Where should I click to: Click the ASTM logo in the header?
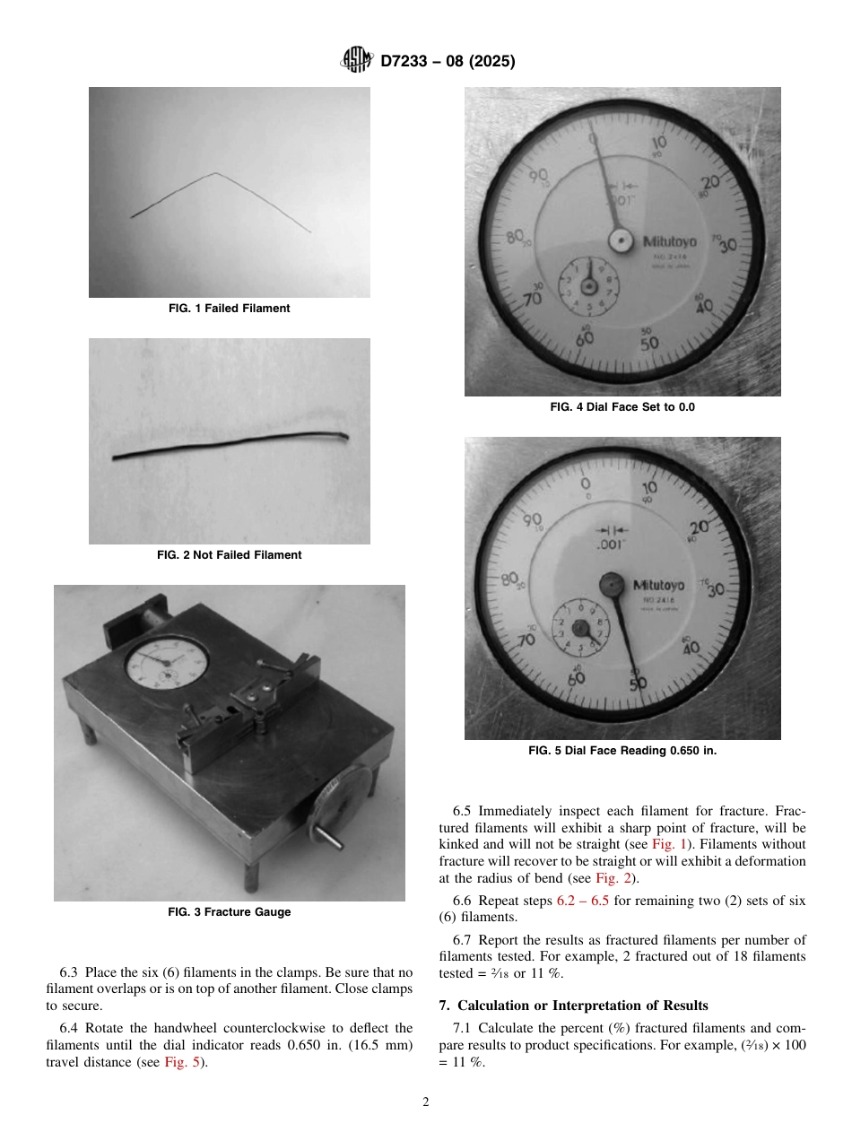pos(358,61)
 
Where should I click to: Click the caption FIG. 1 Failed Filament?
pos(229,309)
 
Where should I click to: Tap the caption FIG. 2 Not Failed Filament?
pos(229,555)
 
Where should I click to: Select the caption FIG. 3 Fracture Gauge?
pos(229,912)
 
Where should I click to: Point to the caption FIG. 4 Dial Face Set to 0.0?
pos(622,407)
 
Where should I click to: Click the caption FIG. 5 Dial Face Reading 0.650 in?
pos(622,751)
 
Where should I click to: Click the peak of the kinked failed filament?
pos(213,173)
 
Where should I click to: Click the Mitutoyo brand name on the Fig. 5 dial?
pos(659,585)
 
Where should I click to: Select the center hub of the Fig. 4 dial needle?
pos(619,240)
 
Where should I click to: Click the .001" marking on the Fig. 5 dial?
pos(613,544)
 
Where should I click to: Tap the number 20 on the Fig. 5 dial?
pos(699,527)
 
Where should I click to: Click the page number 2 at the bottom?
pos(426,1102)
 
